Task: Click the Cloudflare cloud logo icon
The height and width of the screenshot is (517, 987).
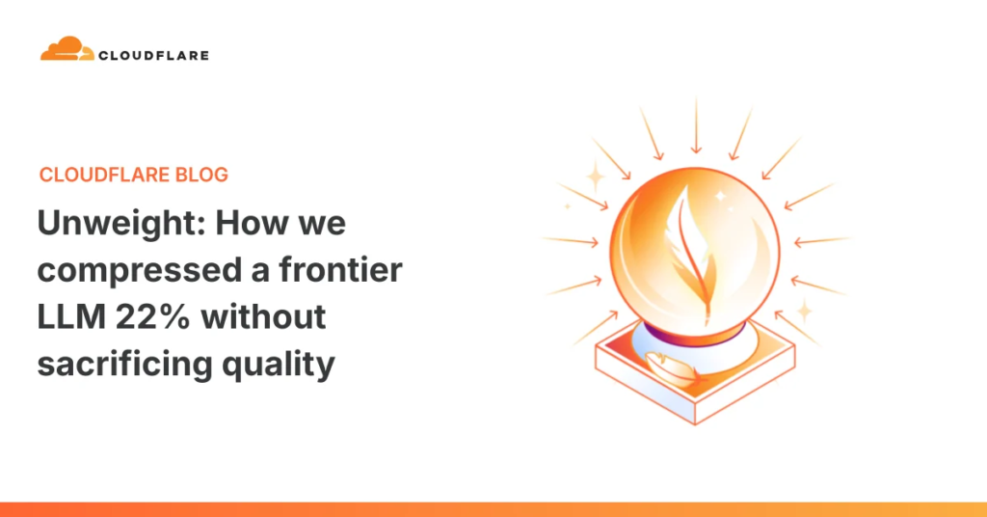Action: pos(66,49)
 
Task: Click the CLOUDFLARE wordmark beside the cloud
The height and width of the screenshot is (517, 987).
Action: pos(151,55)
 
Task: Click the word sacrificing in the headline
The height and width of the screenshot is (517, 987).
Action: pos(128,365)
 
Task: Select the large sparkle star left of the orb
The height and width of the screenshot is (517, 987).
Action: pos(595,175)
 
